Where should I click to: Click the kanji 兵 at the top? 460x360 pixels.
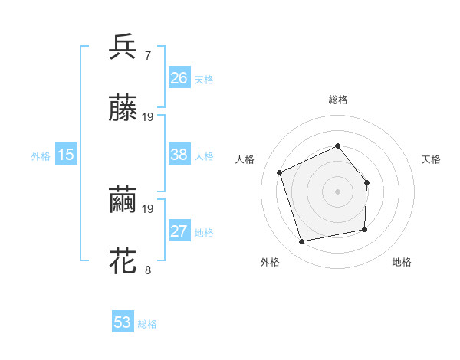[x=123, y=48]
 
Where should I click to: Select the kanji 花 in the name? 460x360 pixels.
[x=123, y=260]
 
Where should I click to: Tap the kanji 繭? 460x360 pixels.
[x=123, y=201]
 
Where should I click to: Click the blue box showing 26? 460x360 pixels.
[x=179, y=78]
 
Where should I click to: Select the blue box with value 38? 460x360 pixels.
[x=179, y=155]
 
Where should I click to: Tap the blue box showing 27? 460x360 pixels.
[x=179, y=232]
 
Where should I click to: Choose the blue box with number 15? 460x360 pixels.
[x=66, y=155]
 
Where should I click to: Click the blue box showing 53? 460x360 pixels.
[x=123, y=322]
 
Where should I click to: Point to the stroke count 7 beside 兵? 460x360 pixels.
[x=147, y=57]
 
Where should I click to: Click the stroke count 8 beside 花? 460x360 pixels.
[x=147, y=270]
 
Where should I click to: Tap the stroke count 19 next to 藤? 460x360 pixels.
[x=148, y=118]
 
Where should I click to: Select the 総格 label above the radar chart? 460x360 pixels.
[x=338, y=100]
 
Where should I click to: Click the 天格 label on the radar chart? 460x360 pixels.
[x=431, y=159]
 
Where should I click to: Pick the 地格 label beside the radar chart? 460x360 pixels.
[x=402, y=262]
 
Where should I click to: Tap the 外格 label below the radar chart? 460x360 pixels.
[x=270, y=262]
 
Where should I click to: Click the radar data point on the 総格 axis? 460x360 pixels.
[x=337, y=146]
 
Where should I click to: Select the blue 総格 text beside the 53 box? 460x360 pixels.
[x=147, y=324]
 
